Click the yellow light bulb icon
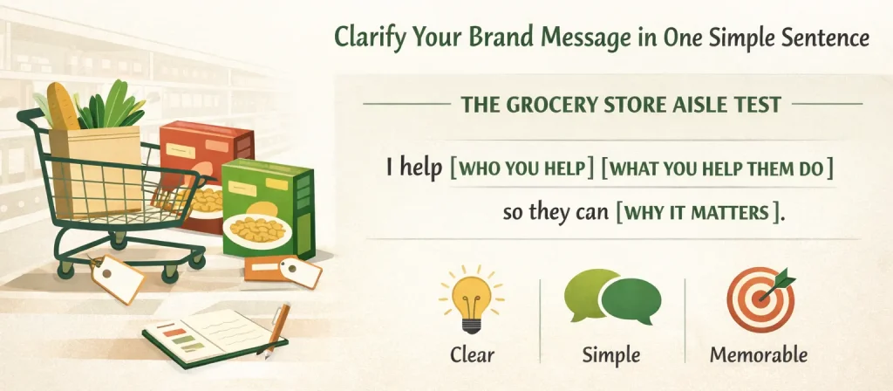pos(472,302)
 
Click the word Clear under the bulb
pos(472,355)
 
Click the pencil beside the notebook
pos(276,327)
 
